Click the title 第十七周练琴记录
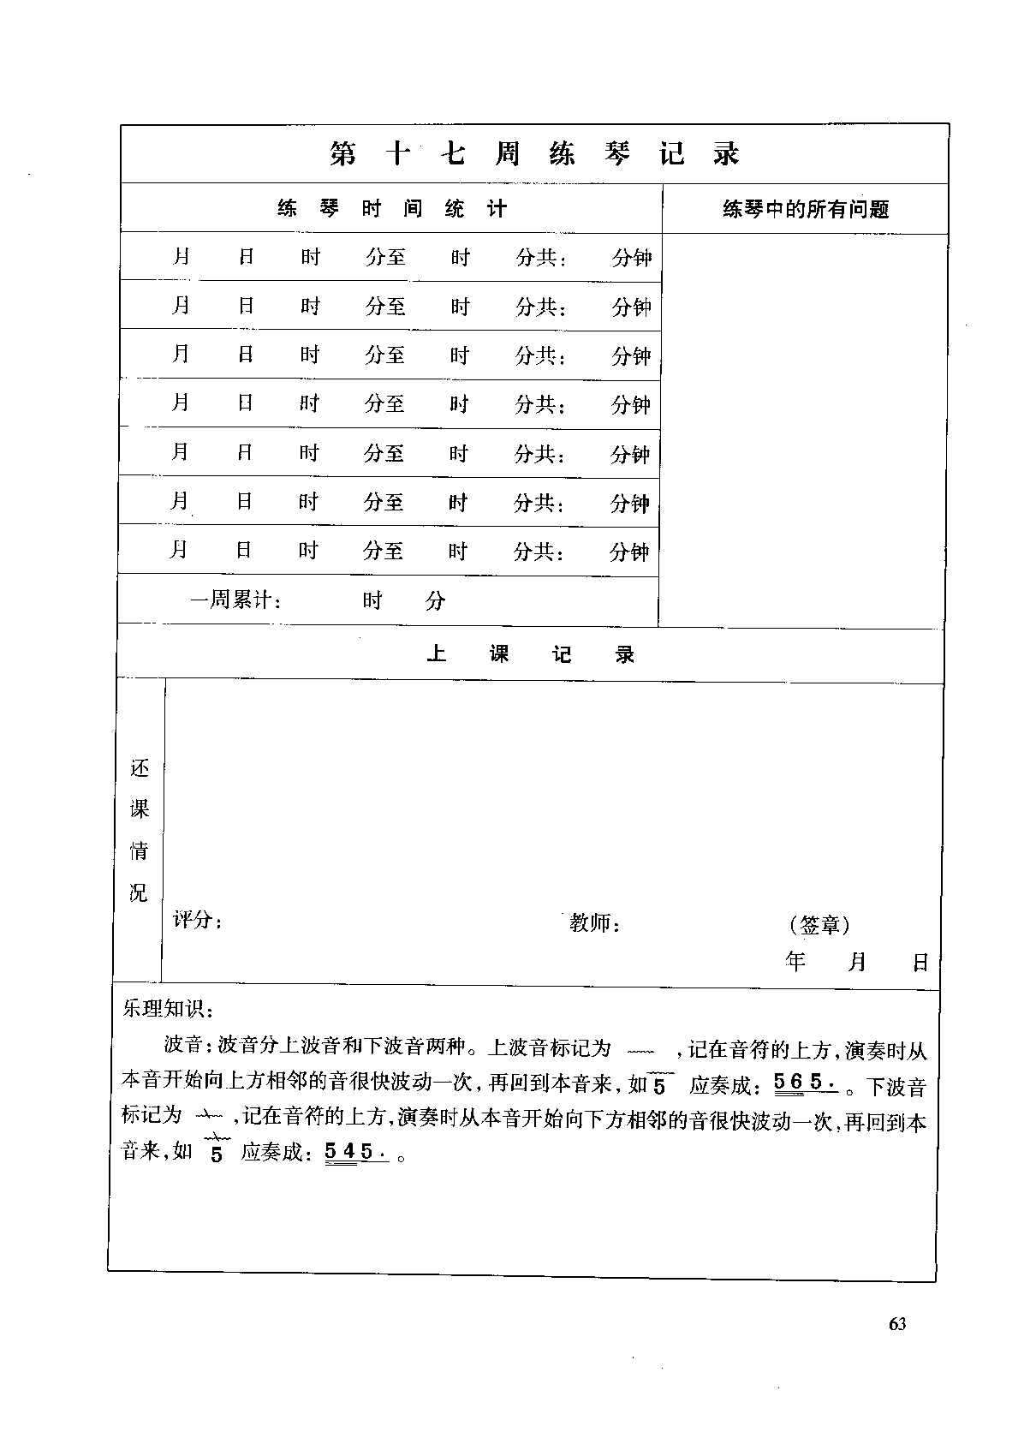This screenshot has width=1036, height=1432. pos(534,154)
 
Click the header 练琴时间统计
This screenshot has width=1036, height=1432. pos(391,208)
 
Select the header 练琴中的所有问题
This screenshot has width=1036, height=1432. pos(806,209)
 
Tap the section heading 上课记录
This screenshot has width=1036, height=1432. pos(530,655)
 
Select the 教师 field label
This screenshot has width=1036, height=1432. pos(594,922)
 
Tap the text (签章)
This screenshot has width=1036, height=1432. pos(819,925)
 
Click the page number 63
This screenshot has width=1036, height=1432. pos(897,1323)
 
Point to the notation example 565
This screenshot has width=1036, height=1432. pos(805,1083)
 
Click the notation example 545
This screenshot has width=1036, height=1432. pos(355,1152)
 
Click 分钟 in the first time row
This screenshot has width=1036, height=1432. pos(632,257)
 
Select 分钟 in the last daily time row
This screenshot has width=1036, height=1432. pos(629,552)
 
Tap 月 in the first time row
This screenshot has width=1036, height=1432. pos(181,256)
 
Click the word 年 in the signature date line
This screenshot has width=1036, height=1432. pos(795,962)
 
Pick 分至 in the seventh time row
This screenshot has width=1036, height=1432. pos(383,551)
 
